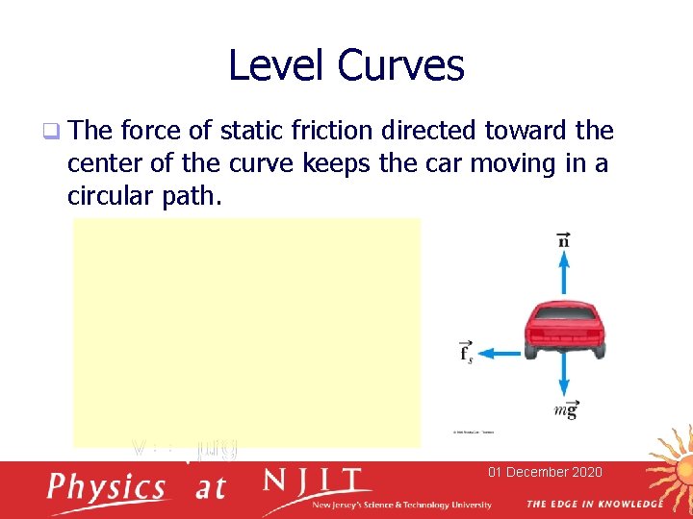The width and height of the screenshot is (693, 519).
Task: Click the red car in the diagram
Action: pyautogui.click(x=565, y=328)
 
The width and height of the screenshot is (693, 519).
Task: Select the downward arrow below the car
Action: pyautogui.click(x=564, y=380)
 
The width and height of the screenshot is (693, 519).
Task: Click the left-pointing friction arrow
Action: pyautogui.click(x=500, y=353)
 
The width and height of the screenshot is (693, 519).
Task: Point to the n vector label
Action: pyautogui.click(x=564, y=238)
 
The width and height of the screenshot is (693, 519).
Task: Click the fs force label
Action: pyautogui.click(x=467, y=353)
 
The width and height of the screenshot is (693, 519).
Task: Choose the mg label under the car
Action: pyautogui.click(x=566, y=410)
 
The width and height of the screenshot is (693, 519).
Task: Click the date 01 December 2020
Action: pyautogui.click(x=545, y=472)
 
